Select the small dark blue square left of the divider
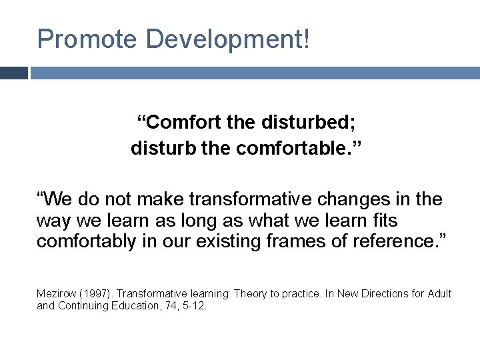click(x=13, y=73)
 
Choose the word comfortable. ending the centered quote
click(x=290, y=148)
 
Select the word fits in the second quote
click(x=383, y=220)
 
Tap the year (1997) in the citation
click(x=95, y=294)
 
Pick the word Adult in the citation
click(x=438, y=294)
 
